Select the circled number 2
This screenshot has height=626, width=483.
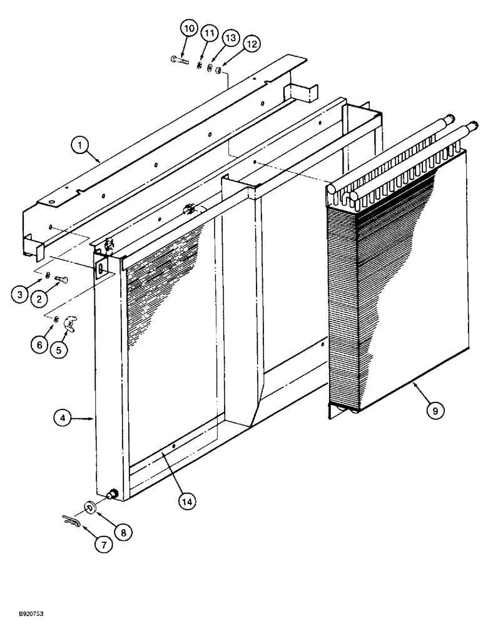39,299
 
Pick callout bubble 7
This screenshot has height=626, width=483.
104,545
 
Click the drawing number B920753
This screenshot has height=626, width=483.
23,615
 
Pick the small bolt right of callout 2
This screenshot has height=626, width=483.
61,279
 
